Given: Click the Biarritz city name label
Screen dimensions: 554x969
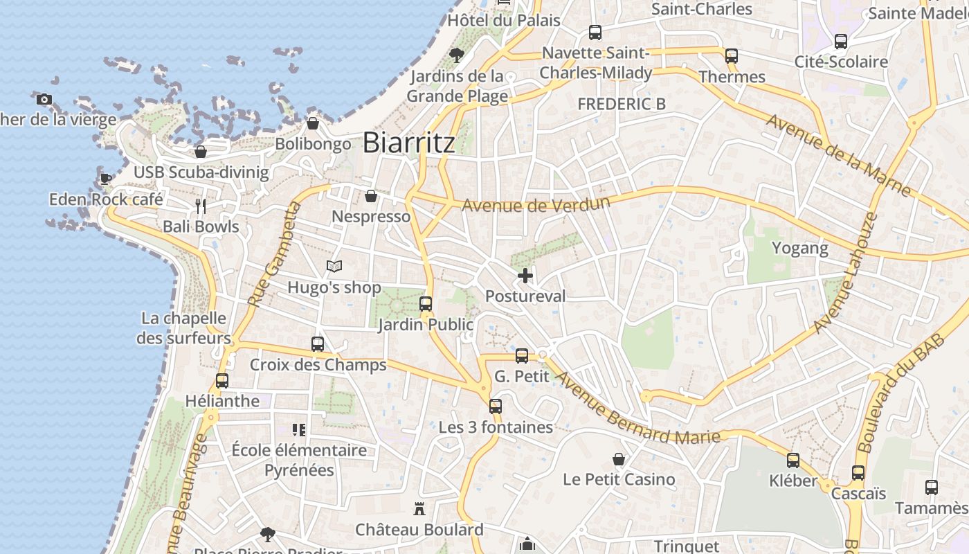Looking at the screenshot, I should [x=409, y=143].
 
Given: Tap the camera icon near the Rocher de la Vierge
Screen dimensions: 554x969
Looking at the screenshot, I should [x=44, y=100].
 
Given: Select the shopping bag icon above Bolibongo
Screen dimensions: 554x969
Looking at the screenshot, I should [x=313, y=124].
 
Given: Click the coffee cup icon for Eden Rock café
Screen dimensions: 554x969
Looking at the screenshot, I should [x=105, y=178].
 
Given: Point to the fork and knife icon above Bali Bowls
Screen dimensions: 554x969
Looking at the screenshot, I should [x=201, y=206].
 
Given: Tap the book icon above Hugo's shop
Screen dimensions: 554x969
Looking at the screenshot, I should [x=334, y=266].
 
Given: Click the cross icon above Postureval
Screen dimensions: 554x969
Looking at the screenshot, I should [x=525, y=276].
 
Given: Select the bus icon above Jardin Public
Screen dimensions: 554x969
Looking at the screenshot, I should [x=426, y=304].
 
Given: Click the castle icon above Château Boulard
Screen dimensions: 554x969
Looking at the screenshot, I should [x=419, y=509].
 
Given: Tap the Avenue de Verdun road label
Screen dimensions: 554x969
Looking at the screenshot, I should [x=536, y=204].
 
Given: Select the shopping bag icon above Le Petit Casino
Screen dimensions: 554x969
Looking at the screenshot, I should [x=619, y=459].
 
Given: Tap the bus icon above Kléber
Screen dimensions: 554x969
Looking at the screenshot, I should [x=793, y=461].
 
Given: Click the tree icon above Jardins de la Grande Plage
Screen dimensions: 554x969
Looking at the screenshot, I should [x=456, y=55].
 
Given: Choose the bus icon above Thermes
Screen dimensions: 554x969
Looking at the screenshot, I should [x=732, y=56].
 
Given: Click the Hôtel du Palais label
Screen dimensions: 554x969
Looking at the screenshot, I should [x=503, y=20].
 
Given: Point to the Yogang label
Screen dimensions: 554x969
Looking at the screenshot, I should [x=799, y=248].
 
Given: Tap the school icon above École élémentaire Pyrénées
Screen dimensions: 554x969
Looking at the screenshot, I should [x=299, y=429].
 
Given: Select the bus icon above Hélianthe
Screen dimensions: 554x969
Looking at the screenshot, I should [x=222, y=380].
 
